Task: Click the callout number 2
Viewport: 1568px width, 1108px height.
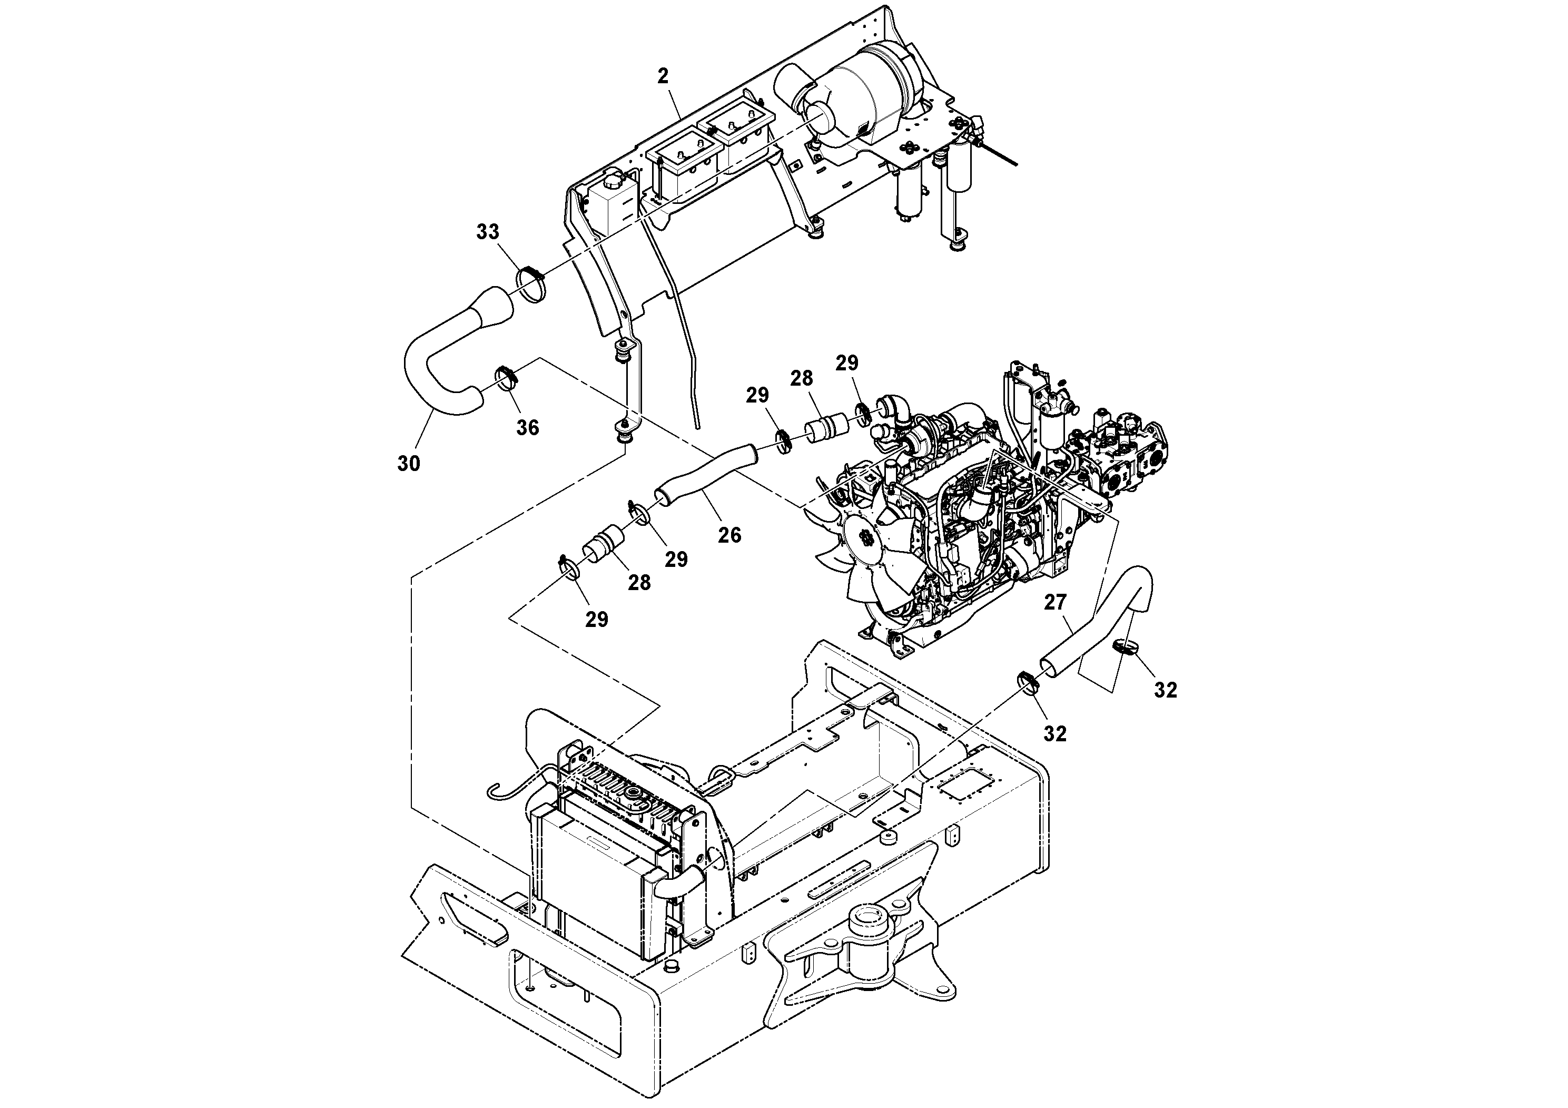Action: pos(663,76)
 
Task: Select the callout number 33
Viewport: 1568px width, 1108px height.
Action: pos(488,232)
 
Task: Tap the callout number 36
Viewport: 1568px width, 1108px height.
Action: pos(527,428)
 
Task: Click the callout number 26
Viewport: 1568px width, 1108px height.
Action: pos(729,535)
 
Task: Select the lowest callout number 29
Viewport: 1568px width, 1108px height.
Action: pos(596,620)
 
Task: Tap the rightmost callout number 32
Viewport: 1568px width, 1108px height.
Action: pos(1166,691)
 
